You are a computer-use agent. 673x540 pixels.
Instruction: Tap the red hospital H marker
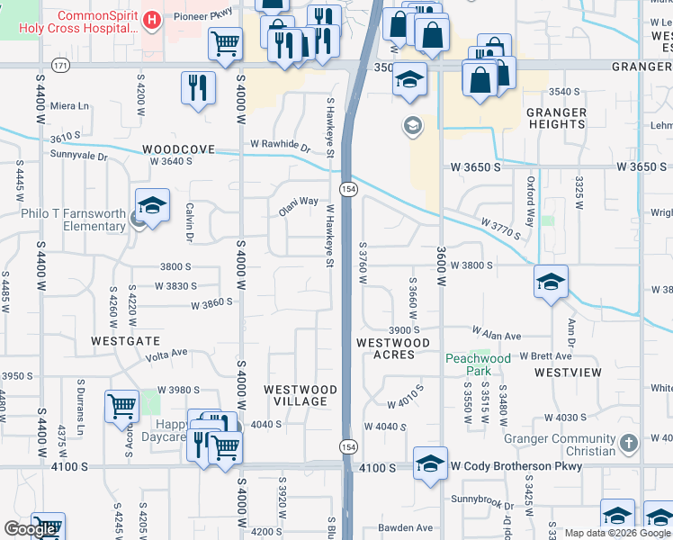pyautogui.click(x=152, y=19)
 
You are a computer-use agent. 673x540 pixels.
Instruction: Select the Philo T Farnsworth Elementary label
pyautogui.click(x=74, y=220)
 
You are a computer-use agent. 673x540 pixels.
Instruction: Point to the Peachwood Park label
pyautogui.click(x=478, y=364)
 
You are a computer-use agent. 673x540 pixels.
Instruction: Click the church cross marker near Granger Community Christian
pyautogui.click(x=629, y=444)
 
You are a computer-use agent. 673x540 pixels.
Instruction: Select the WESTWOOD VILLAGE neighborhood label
pyautogui.click(x=301, y=395)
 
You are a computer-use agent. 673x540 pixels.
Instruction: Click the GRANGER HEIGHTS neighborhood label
pyautogui.click(x=556, y=119)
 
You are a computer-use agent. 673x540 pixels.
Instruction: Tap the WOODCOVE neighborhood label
pyautogui.click(x=178, y=150)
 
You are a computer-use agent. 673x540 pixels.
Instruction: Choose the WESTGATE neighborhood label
pyautogui.click(x=125, y=342)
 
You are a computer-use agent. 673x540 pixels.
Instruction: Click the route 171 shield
pyautogui.click(x=60, y=66)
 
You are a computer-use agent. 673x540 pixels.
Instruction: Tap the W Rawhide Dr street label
pyautogui.click(x=280, y=144)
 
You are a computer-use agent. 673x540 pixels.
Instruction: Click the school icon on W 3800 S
pyautogui.click(x=550, y=282)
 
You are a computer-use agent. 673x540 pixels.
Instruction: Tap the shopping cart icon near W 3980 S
pyautogui.click(x=121, y=405)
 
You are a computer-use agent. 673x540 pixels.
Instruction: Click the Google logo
pyautogui.click(x=31, y=529)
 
